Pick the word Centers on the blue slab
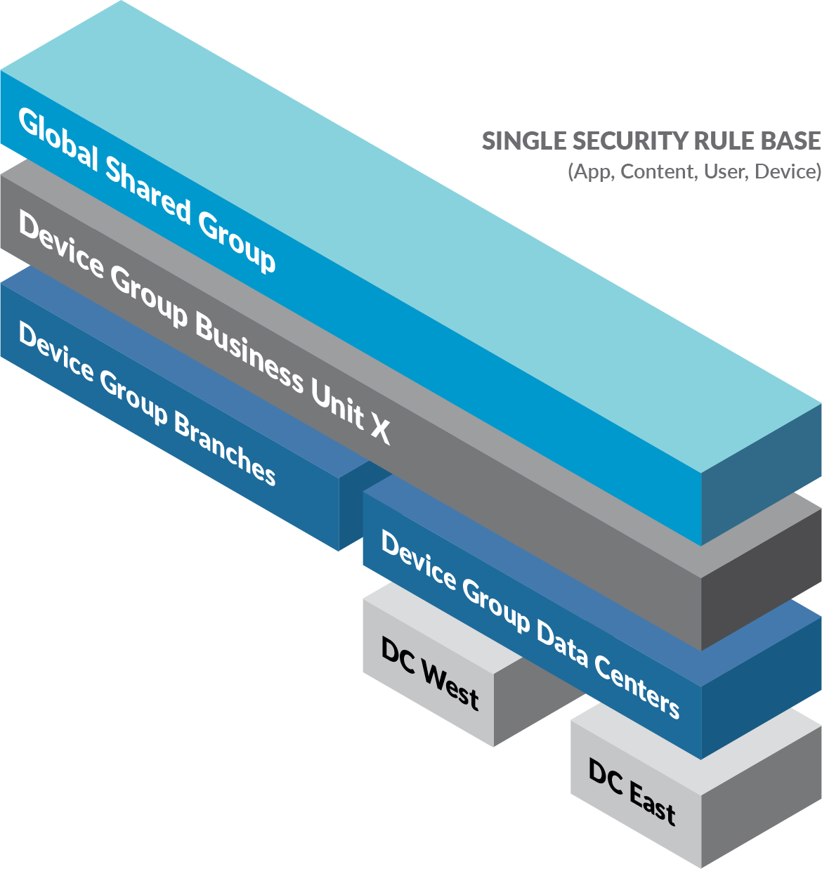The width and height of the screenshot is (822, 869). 637,686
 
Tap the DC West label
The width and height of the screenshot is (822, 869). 429,673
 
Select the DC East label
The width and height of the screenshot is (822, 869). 632,791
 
